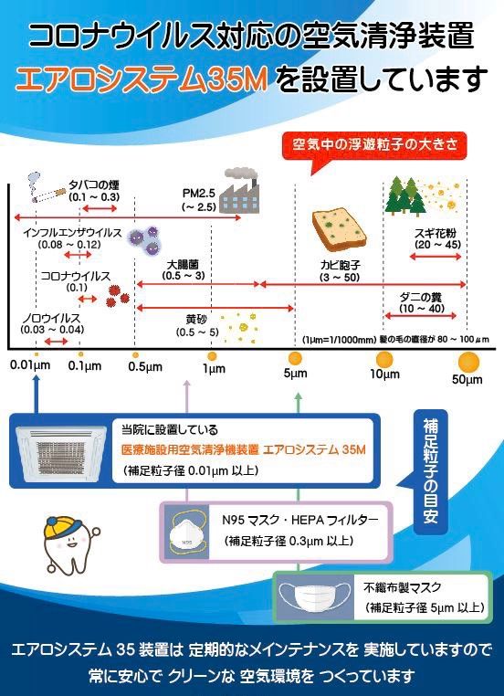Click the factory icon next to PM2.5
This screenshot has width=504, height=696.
click(238, 190)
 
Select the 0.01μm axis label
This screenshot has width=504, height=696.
click(30, 365)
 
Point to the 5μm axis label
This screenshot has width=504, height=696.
click(295, 373)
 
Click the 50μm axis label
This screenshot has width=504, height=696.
click(467, 380)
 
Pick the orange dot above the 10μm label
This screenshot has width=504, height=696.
click(384, 360)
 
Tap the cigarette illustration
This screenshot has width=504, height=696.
click(46, 190)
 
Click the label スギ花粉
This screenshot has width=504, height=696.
click(436, 233)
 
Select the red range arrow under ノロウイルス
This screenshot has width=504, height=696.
click(56, 342)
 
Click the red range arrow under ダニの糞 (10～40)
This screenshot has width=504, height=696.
click(420, 316)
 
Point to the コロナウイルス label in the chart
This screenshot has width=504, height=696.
click(76, 276)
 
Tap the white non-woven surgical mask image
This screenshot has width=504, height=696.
click(314, 597)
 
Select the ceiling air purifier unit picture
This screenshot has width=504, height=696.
click(61, 452)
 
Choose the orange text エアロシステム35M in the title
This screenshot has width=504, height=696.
click(142, 79)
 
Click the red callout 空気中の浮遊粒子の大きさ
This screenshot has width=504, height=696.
click(374, 145)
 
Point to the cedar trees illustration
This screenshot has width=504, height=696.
click(406, 195)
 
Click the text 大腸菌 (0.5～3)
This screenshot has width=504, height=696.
click(183, 270)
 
